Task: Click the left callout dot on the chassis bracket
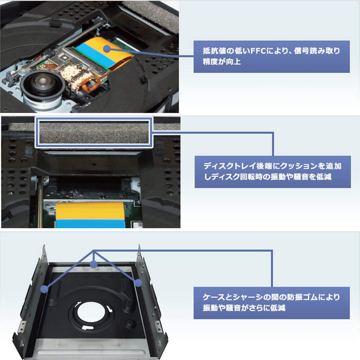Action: (45, 289)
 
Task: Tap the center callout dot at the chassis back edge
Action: (94, 265)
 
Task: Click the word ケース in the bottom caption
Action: (212, 297)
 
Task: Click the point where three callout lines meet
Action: (94, 251)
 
